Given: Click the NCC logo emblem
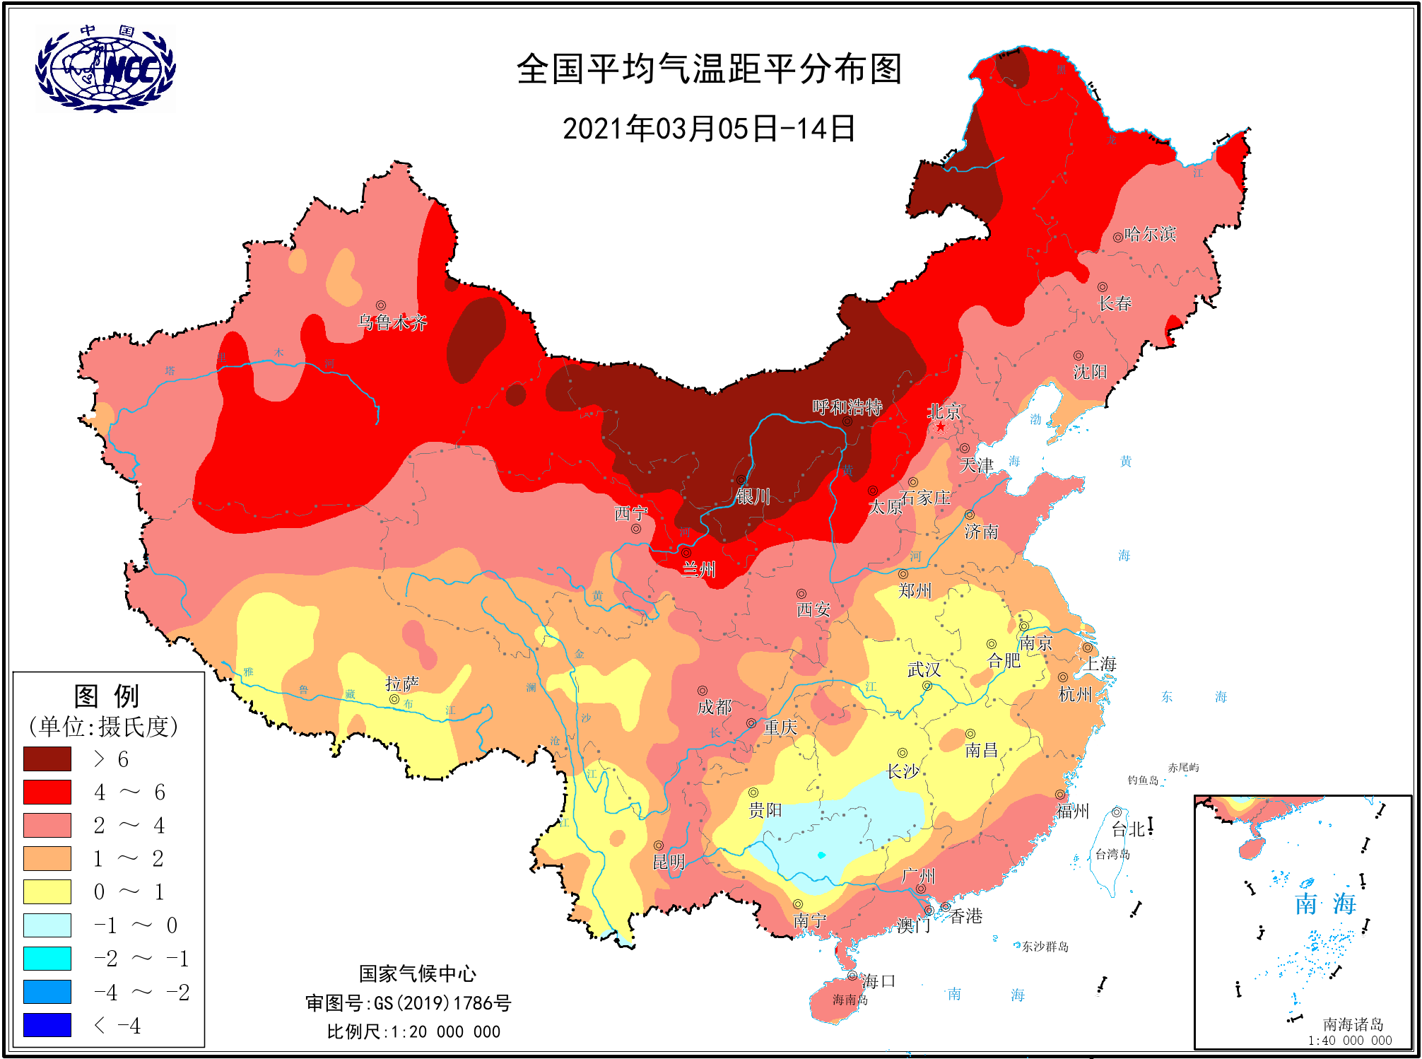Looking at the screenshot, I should (105, 69).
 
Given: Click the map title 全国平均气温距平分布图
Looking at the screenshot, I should (709, 69).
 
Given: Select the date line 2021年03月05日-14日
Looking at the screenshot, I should (709, 129).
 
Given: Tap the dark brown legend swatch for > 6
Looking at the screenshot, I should (47, 759).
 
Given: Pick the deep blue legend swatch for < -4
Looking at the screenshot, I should (47, 1024).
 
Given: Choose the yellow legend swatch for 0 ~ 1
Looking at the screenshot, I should (47, 891).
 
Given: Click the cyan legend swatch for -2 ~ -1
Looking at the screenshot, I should (47, 958).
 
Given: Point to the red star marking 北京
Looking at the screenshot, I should (941, 426).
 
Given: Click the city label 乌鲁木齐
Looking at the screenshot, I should (393, 323).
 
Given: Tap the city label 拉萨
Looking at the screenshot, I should (401, 684).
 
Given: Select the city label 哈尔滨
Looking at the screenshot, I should (1150, 234).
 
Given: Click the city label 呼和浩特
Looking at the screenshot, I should (847, 407).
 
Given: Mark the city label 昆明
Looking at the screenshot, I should (669, 862).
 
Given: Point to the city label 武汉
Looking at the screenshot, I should (924, 669).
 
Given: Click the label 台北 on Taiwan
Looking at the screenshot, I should (1128, 829).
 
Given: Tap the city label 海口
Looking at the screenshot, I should (879, 981).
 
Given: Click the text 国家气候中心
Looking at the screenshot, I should (417, 974).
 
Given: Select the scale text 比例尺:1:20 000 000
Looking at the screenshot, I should (413, 1032).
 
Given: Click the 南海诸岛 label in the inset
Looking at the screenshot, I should (1353, 1024).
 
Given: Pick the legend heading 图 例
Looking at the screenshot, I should (107, 696).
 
